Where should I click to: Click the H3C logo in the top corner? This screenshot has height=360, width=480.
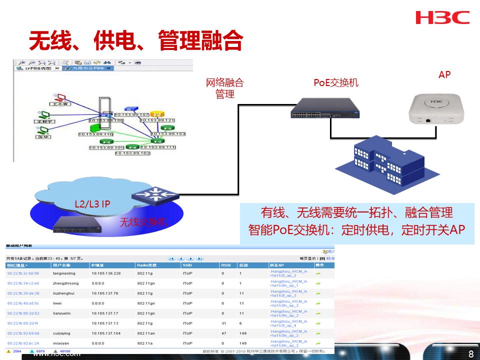442,17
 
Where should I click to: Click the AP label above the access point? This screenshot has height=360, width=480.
444,74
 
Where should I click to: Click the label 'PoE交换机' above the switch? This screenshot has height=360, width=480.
336,82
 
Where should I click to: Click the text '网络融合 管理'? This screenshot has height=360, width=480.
225,88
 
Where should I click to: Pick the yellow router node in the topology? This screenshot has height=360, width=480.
156,114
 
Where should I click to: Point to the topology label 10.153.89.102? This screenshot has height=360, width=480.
132,153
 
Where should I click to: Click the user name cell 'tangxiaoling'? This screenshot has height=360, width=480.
64,273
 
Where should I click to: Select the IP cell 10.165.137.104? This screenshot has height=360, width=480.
106,333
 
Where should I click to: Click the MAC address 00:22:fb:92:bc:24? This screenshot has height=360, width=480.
23,343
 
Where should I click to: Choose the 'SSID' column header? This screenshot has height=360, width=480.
187,265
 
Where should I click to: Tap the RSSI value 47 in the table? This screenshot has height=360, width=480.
224,333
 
